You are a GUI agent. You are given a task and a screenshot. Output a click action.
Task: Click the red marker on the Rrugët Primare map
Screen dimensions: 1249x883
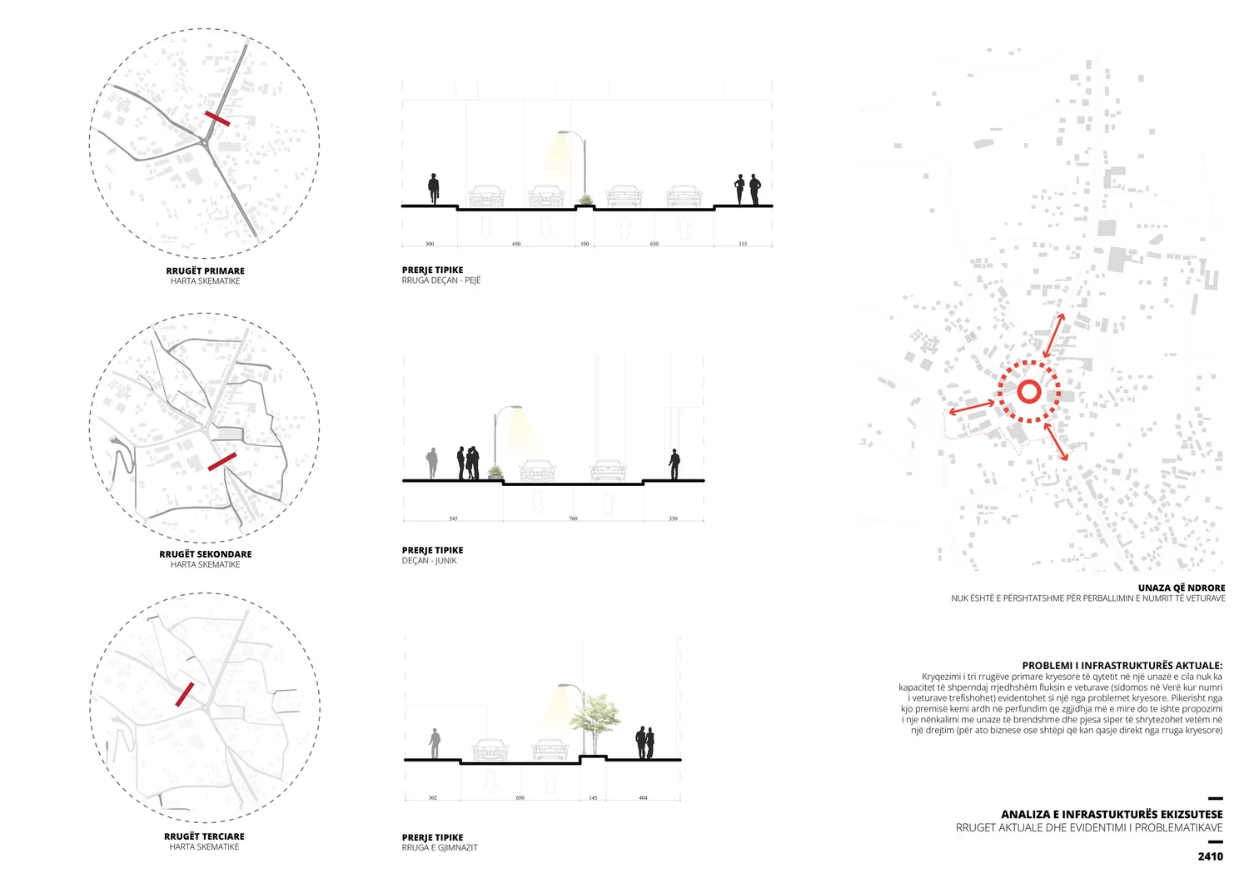pos(217,118)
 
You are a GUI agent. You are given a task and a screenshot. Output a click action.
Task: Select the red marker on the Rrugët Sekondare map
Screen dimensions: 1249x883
pos(222,461)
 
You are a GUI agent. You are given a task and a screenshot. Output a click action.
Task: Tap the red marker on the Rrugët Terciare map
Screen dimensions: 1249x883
pos(185,694)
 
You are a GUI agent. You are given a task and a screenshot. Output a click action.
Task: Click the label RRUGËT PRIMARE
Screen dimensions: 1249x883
pos(205,270)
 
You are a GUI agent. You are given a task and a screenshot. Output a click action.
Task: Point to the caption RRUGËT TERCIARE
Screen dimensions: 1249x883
pos(204,836)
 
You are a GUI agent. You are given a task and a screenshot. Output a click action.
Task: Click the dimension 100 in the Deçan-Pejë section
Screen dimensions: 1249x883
pos(585,244)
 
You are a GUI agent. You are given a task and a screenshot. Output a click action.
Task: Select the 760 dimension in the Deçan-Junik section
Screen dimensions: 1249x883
pos(573,518)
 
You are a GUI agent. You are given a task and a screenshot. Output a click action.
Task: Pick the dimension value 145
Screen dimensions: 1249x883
pos(593,797)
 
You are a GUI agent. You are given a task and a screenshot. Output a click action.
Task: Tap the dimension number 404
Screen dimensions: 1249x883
pos(643,797)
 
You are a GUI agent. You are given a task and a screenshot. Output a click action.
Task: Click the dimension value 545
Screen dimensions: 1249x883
pos(453,518)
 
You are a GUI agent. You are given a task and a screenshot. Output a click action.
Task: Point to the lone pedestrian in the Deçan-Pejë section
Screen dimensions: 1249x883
pos(433,189)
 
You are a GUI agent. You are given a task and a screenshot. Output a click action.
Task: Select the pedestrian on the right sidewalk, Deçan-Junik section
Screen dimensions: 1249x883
pos(674,464)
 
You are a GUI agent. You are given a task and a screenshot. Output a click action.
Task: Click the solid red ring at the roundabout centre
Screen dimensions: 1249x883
pos(1028,392)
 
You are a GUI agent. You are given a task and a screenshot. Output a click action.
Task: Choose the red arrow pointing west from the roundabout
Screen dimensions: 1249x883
pos(972,408)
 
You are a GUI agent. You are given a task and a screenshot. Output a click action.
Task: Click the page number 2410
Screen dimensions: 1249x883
pos(1210,856)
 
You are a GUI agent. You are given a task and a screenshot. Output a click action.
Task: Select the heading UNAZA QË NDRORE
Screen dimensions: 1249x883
pos(1181,588)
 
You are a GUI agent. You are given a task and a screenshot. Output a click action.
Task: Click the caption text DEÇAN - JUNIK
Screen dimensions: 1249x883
pos(429,561)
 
